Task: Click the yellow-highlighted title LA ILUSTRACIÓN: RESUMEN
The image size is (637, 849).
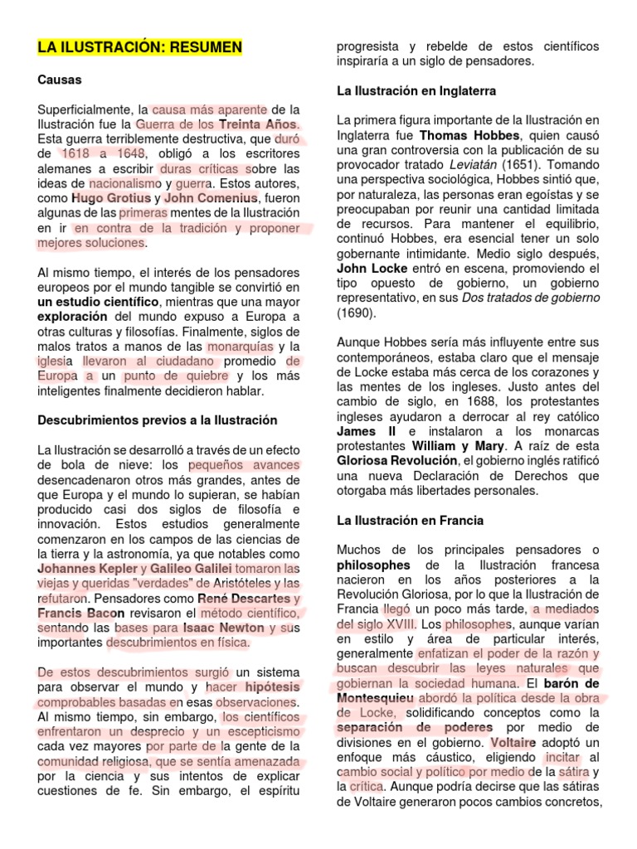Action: pos(139,47)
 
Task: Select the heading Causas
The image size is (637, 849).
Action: pos(59,80)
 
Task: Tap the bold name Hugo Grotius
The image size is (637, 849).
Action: pos(111,198)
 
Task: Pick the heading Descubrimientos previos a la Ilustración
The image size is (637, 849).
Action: pos(158,420)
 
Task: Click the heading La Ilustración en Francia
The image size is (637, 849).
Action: pos(409,521)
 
